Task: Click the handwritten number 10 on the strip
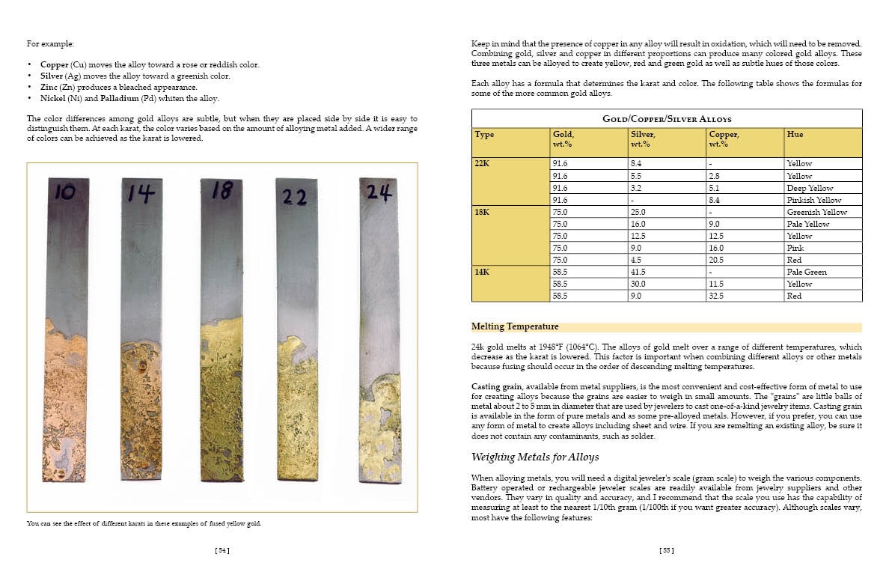click(65, 192)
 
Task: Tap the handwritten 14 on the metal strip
click(140, 194)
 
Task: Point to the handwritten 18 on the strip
click(222, 192)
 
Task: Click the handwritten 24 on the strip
click(379, 193)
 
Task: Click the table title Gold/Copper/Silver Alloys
click(666, 119)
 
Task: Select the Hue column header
click(795, 134)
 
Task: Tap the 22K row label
click(483, 163)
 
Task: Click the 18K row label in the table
click(483, 212)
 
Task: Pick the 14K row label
click(483, 272)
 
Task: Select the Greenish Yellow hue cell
click(816, 212)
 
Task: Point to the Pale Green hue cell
click(807, 272)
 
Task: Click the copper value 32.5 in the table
click(716, 296)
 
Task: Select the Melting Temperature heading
click(515, 326)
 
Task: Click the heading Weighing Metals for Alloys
click(534, 457)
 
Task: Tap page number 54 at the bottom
click(222, 550)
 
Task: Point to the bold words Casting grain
click(495, 385)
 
